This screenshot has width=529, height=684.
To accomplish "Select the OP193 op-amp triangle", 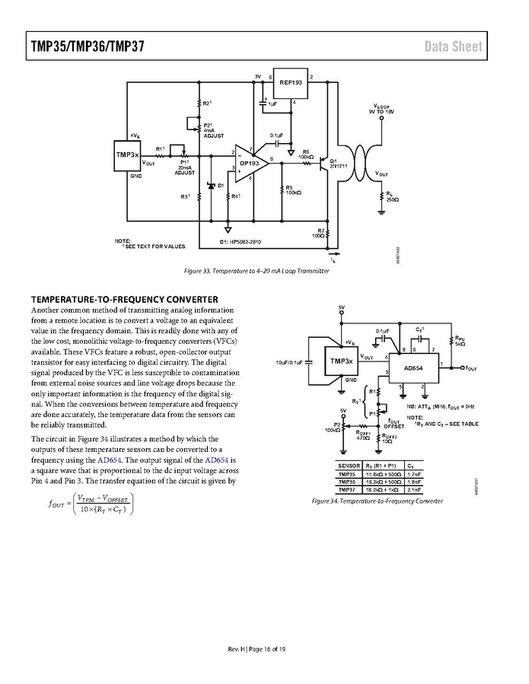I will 250,161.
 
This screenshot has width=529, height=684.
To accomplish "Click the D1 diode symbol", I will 211,186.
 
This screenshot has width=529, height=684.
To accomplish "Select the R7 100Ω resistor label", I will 320,233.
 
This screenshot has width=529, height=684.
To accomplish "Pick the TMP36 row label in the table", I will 347,481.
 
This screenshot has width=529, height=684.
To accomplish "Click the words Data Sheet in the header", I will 453,46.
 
